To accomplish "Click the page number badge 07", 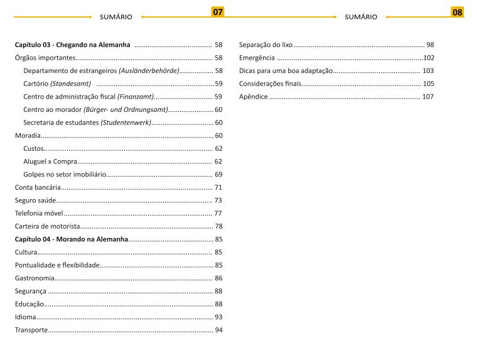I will pyautogui.click(x=218, y=12).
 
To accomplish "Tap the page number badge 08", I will pyautogui.click(x=458, y=12).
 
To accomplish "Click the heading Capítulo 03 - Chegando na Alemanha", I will pyautogui.click(x=73, y=45).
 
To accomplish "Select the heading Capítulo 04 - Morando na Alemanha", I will pyautogui.click(x=71, y=239).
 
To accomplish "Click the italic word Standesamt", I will pyautogui.click(x=71, y=84).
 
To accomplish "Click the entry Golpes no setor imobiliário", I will pyautogui.click(x=64, y=174).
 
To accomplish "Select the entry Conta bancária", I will pyautogui.click(x=38, y=187).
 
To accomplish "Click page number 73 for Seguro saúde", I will pyautogui.click(x=218, y=200).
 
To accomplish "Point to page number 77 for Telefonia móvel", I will pyautogui.click(x=218, y=213).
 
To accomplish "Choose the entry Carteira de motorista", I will pyautogui.click(x=47, y=226).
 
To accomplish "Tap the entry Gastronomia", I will pyautogui.click(x=34, y=278).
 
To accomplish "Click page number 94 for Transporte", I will pyautogui.click(x=218, y=330).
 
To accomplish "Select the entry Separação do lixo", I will pyautogui.click(x=265, y=45).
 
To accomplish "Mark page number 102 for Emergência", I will pyautogui.click(x=429, y=58).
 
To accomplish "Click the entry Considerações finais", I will pyautogui.click(x=270, y=84).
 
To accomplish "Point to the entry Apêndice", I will pyautogui.click(x=253, y=97).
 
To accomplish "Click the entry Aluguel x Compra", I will pyautogui.click(x=50, y=161).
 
